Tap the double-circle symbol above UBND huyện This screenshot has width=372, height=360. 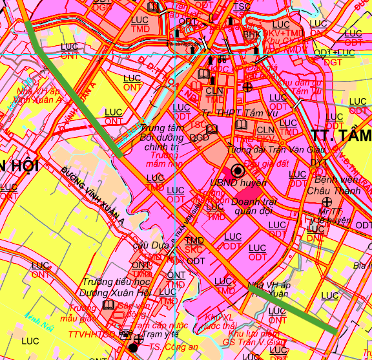pyautogui.click(x=237, y=171)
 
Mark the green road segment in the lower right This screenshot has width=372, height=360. pyautogui.click(x=294, y=311)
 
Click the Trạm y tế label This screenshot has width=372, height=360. pyautogui.click(x=160, y=335)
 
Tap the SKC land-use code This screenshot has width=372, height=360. pyautogui.click(x=194, y=249)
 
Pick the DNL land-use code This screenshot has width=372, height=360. pyautogui.click(x=315, y=238)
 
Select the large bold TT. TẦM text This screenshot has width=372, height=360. pyautogui.click(x=341, y=136)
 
